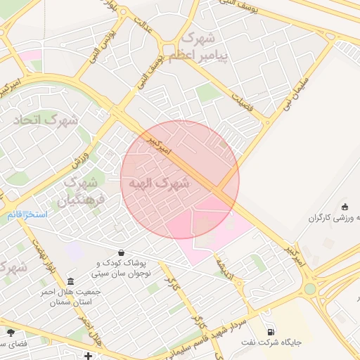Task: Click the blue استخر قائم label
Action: click(27, 213)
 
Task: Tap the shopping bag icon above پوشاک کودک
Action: click(122, 252)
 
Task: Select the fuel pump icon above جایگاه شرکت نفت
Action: click(270, 332)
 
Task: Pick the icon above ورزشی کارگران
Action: click(345, 206)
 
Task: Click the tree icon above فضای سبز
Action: click(11, 332)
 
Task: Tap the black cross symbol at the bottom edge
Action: click(87, 356)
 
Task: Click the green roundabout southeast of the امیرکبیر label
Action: click(310, 288)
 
